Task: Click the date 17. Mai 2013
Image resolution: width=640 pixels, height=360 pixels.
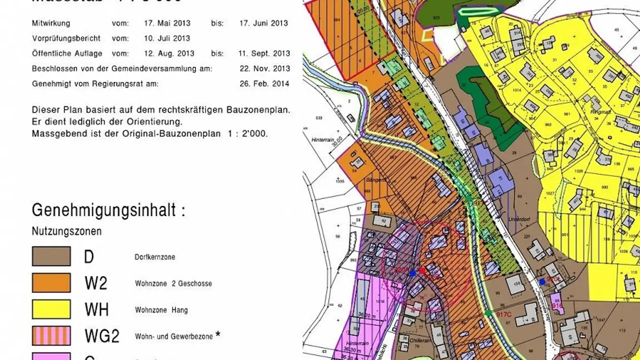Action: (167, 23)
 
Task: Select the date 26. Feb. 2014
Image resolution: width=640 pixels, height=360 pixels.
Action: (264, 84)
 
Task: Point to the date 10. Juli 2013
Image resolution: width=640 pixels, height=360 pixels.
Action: (167, 38)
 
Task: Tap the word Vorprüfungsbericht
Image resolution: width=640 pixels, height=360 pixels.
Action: (66, 38)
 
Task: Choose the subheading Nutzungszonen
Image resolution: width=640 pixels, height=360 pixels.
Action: (67, 232)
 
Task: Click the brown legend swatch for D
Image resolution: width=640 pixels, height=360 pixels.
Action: (51, 256)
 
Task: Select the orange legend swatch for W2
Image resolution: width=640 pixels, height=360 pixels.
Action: (51, 283)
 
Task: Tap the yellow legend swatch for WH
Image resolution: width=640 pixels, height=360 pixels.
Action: (51, 309)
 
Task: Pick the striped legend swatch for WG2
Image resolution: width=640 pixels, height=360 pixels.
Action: (51, 336)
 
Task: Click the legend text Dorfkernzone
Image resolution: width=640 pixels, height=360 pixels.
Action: (155, 257)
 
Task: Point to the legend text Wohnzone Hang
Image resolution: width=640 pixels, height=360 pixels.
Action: (161, 310)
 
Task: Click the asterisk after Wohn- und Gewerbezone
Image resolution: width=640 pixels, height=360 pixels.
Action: (218, 335)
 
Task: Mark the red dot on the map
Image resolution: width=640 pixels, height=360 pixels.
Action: (422, 270)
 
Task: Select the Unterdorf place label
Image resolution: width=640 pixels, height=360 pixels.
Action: (517, 219)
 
